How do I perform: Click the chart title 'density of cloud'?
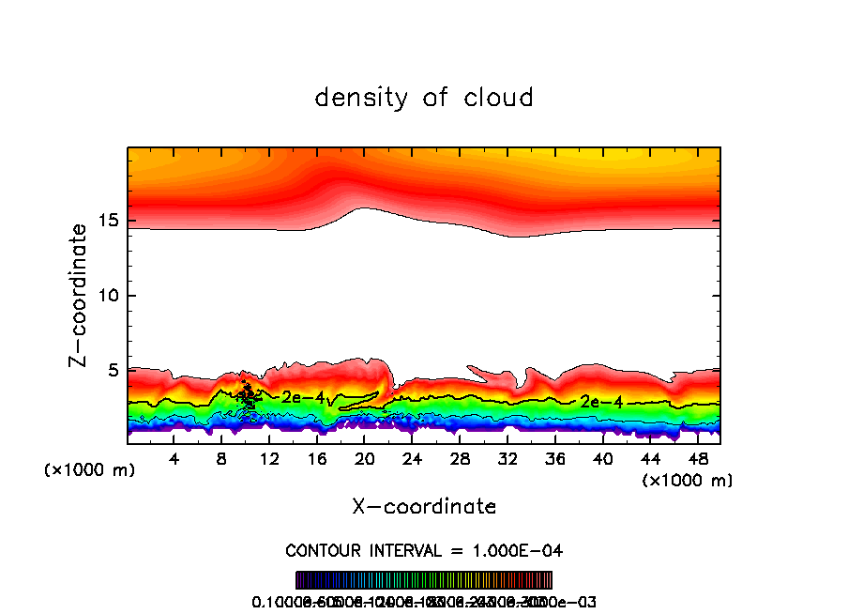click(424, 98)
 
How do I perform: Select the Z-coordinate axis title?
click(79, 295)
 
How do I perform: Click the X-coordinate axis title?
click(424, 507)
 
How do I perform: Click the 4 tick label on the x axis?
click(174, 458)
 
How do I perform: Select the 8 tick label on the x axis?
click(221, 458)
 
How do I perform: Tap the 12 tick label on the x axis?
click(269, 458)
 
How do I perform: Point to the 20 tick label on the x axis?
click(365, 458)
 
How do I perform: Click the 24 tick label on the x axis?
click(412, 458)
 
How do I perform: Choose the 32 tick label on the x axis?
click(507, 458)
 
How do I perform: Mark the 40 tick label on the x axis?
click(602, 458)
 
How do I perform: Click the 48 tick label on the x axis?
click(697, 458)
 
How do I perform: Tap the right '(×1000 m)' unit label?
click(688, 481)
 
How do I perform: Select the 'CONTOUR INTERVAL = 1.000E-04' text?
click(424, 550)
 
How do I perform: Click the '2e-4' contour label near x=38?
click(601, 402)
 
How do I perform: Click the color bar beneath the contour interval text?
click(424, 580)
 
